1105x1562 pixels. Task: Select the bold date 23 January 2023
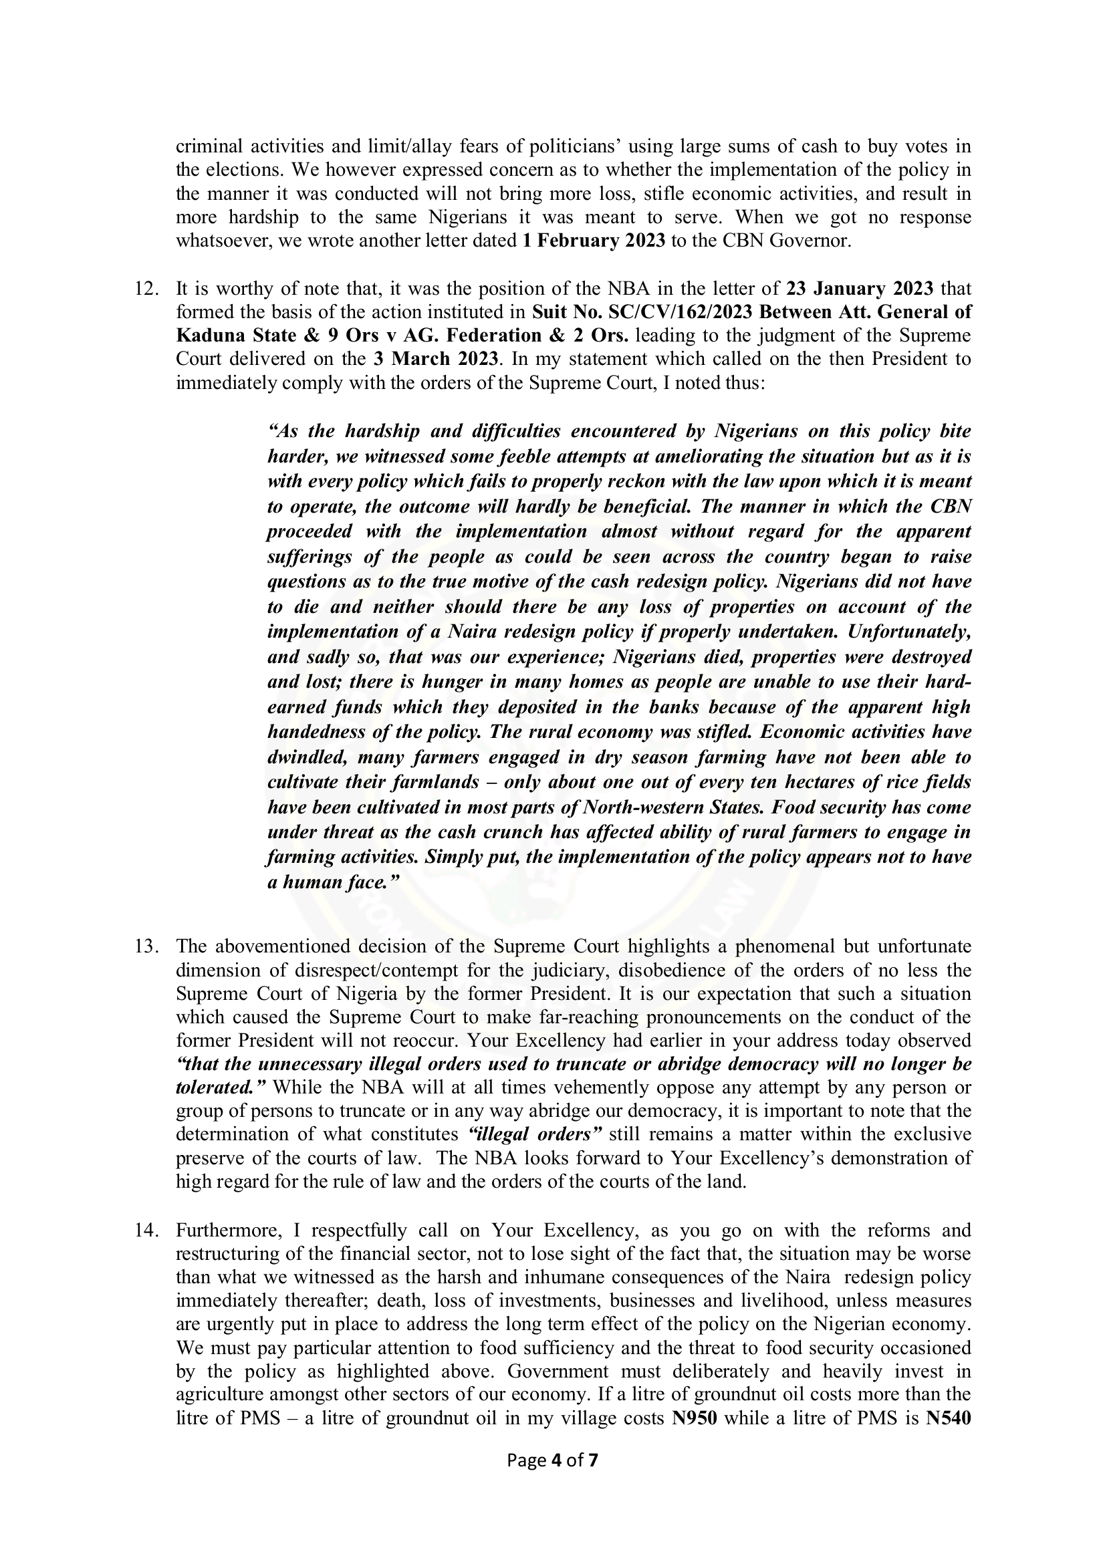[860, 289]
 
